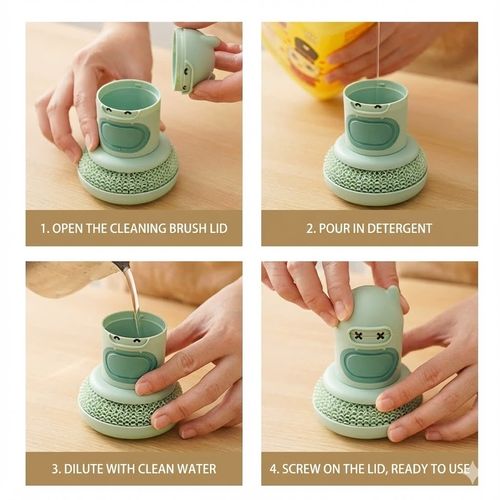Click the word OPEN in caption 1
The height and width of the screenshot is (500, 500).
(x=71, y=228)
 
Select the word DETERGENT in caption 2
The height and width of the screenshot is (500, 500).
(x=398, y=228)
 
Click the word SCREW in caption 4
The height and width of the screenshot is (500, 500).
(x=309, y=468)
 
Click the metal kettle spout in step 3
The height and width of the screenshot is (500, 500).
(x=121, y=267)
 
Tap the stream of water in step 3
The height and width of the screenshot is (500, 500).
(x=134, y=300)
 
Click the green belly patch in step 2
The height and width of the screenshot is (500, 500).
(x=373, y=132)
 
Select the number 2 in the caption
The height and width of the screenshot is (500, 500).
(x=310, y=228)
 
